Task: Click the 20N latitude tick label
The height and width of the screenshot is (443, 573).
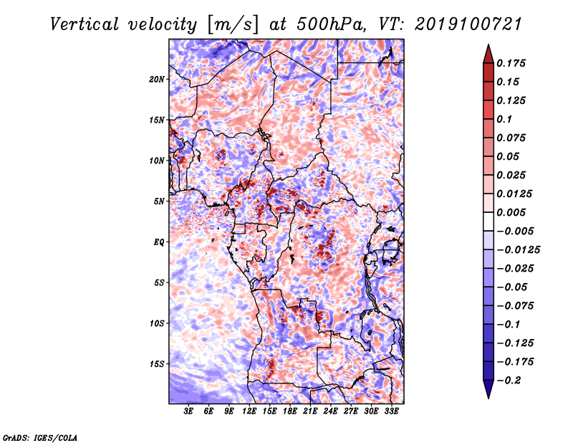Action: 156,80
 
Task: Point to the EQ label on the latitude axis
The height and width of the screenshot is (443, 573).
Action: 158,242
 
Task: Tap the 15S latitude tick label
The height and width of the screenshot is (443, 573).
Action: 156,364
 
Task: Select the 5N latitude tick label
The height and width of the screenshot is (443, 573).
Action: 158,201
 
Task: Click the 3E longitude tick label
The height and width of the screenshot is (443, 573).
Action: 188,411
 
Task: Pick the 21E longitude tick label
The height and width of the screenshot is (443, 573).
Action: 310,411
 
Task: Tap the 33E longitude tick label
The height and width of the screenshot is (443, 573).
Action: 391,411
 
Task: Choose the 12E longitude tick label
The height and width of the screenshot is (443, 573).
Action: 249,411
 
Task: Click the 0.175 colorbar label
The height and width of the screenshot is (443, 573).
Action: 511,63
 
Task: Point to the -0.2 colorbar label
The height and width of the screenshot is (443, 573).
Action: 509,381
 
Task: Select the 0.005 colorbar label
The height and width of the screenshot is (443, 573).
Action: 511,212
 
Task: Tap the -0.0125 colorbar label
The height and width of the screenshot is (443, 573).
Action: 518,250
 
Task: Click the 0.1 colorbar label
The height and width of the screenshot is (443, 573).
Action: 504,119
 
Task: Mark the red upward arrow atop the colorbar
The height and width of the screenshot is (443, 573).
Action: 488,54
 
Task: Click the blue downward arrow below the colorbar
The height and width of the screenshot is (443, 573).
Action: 488,389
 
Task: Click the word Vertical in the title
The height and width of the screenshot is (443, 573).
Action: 85,24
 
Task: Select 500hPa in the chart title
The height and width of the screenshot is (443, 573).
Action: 331,24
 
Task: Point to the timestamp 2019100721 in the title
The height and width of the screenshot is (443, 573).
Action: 468,24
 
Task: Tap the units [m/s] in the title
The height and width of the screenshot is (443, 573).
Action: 233,25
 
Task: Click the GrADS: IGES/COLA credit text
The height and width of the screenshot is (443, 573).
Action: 40,437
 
